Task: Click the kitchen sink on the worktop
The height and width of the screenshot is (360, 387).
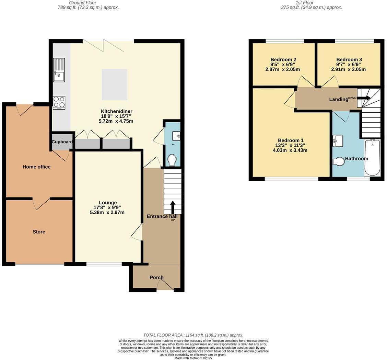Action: [x=59, y=70]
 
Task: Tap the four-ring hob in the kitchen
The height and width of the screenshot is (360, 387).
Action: [x=59, y=103]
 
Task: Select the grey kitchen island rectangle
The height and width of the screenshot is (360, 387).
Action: [x=115, y=84]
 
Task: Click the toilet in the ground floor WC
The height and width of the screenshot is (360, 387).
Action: [x=172, y=160]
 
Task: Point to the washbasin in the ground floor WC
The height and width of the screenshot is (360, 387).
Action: [x=176, y=136]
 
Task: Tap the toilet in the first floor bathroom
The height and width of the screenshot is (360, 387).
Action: [x=339, y=161]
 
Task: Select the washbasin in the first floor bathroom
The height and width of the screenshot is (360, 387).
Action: [x=338, y=141]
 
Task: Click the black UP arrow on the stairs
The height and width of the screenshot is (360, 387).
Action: [x=173, y=207]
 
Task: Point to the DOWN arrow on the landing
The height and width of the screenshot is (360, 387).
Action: [x=364, y=98]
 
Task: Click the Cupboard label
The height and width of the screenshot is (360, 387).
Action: [x=62, y=142]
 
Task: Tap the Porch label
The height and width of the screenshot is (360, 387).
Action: [x=156, y=278]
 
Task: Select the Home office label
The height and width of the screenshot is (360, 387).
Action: [x=36, y=167]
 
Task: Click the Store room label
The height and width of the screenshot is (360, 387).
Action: [x=39, y=232]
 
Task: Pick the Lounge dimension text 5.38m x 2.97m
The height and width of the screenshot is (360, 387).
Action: [x=107, y=213]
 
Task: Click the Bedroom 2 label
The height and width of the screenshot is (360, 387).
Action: [x=283, y=60]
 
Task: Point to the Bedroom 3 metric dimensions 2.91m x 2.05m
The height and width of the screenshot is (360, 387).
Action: [x=348, y=69]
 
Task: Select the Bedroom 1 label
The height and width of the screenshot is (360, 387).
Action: [x=291, y=140]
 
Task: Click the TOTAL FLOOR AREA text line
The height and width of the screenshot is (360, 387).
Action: [x=193, y=335]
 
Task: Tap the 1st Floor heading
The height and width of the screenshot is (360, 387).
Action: [x=304, y=3]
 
